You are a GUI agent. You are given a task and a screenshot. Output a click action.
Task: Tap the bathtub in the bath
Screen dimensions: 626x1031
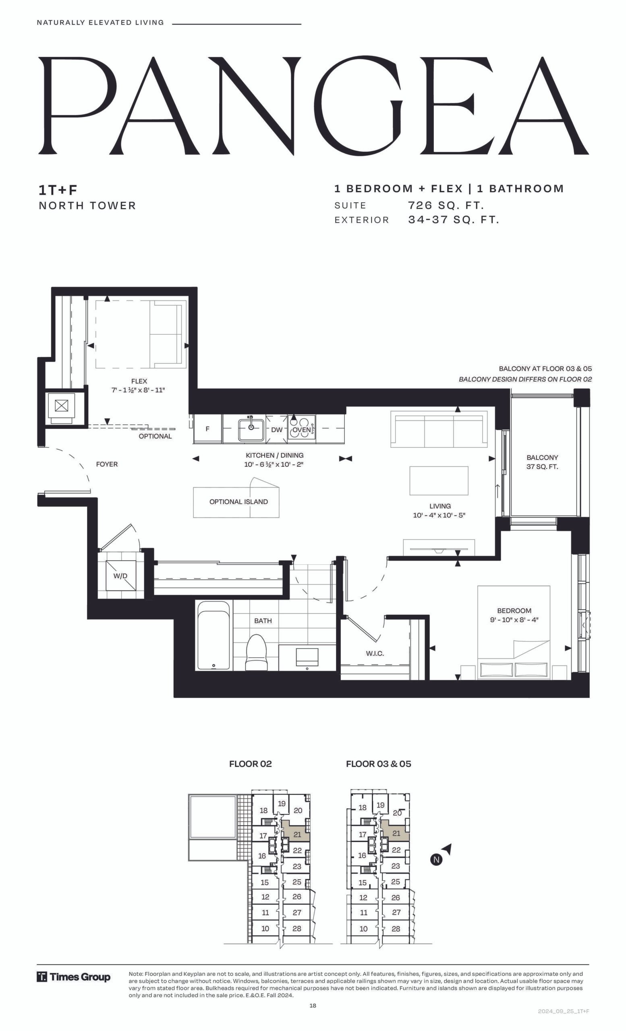[x=214, y=636]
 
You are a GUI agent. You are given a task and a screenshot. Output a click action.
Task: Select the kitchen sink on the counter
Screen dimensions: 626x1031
[x=251, y=429]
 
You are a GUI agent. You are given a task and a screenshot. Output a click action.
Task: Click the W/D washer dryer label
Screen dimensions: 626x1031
[x=120, y=576]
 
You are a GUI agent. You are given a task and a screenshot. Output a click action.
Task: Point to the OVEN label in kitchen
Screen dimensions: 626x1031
[x=301, y=430]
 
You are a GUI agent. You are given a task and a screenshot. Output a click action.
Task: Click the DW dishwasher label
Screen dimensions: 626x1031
[x=277, y=430]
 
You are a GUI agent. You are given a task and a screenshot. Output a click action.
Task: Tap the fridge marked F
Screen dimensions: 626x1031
[x=207, y=429]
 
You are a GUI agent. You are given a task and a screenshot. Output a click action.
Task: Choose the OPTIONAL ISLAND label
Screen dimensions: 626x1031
[x=238, y=502]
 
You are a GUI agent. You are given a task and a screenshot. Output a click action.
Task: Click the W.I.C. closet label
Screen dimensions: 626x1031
[x=375, y=653]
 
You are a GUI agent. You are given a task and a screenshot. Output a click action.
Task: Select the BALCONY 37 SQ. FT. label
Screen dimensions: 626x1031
[x=542, y=462]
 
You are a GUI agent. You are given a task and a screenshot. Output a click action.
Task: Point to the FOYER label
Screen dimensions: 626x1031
[x=107, y=464]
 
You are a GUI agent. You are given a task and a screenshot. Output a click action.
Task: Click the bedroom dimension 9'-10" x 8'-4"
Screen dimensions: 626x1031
[x=514, y=620]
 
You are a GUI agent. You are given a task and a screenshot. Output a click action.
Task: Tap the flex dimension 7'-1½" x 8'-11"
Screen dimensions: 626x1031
[x=139, y=390]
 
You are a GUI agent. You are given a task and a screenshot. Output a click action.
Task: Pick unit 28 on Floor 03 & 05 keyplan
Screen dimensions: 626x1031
[x=396, y=928]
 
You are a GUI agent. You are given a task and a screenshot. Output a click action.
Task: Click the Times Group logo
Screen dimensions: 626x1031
[x=74, y=977]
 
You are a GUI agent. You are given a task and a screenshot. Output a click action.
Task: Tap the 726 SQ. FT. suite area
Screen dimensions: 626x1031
[x=446, y=205]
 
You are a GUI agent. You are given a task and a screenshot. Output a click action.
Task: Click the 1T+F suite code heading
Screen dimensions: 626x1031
[x=58, y=190]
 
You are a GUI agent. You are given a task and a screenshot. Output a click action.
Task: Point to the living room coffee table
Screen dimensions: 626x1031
[x=439, y=481]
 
